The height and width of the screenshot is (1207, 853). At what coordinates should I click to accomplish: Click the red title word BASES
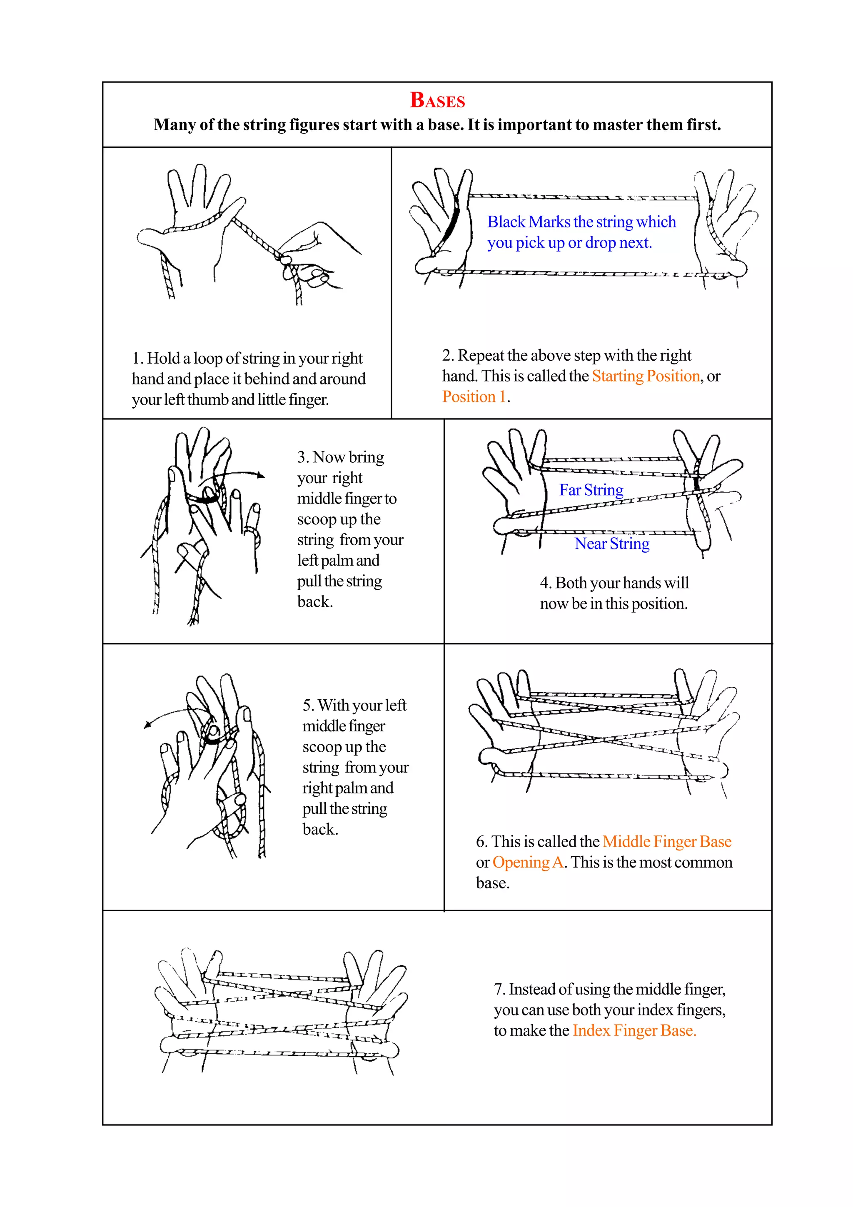coord(437,100)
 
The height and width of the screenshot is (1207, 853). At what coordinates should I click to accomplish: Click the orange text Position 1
coord(474,397)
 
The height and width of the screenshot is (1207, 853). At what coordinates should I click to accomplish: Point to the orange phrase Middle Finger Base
coord(666,841)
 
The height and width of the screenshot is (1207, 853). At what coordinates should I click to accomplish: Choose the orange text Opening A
coord(527,862)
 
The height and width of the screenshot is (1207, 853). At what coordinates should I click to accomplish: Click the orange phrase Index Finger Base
coord(634,1030)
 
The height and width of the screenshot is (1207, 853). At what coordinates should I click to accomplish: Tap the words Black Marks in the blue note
coord(529,222)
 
